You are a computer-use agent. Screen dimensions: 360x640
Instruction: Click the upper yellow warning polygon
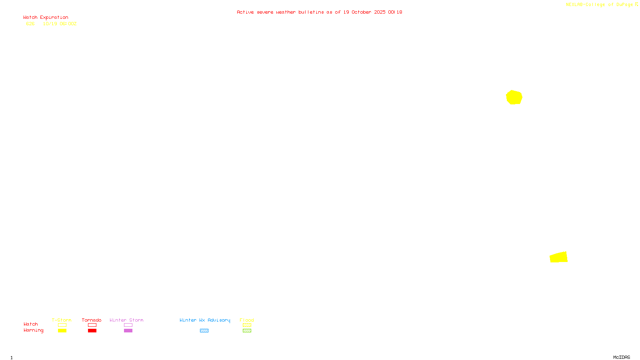pyautogui.click(x=514, y=97)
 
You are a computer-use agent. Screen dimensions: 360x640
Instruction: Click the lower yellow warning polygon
pyautogui.click(x=559, y=257)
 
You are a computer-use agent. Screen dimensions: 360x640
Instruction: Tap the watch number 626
pyautogui.click(x=30, y=24)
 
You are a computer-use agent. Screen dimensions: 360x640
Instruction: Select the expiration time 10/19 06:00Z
pyautogui.click(x=60, y=24)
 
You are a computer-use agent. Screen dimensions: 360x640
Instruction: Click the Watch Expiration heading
pyautogui.click(x=46, y=18)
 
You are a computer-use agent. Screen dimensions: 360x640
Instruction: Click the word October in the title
pyautogui.click(x=361, y=12)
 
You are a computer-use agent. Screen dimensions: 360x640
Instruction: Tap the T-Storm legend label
pyautogui.click(x=62, y=320)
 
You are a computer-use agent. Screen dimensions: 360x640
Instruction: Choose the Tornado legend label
pyautogui.click(x=92, y=320)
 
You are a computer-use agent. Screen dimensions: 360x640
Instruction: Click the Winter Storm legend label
pyautogui.click(x=126, y=320)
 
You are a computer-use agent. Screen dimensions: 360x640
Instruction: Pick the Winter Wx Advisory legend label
pyautogui.click(x=205, y=320)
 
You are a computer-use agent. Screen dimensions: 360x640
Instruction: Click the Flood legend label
pyautogui.click(x=247, y=320)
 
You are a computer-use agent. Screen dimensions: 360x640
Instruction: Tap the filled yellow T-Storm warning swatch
pyautogui.click(x=62, y=331)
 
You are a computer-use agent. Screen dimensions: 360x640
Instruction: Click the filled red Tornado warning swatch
pyautogui.click(x=92, y=331)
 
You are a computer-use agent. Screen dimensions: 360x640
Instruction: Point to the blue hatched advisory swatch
pyautogui.click(x=204, y=331)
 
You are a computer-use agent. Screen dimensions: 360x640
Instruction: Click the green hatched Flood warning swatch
pyautogui.click(x=247, y=331)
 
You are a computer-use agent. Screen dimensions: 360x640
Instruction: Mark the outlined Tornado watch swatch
pyautogui.click(x=92, y=325)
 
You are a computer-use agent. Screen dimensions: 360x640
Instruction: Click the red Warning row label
pyautogui.click(x=33, y=330)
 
